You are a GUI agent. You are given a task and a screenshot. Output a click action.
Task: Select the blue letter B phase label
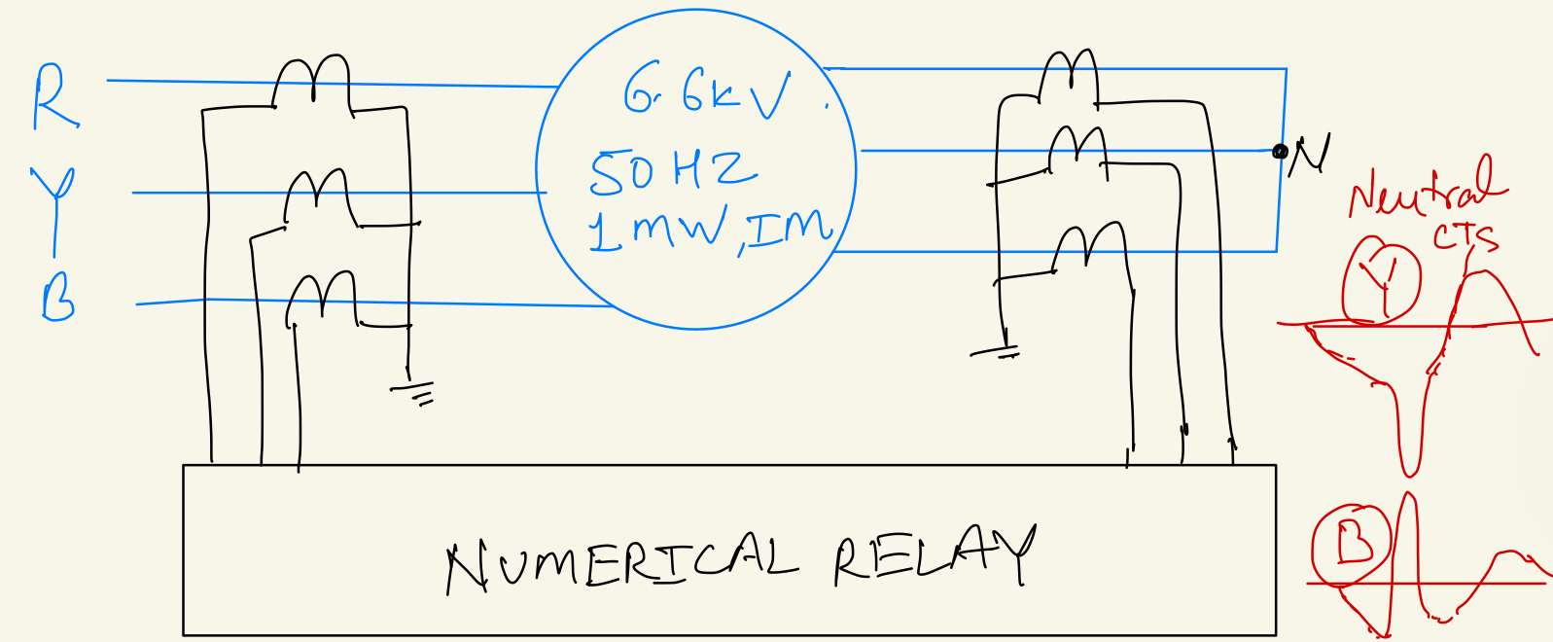click(58, 296)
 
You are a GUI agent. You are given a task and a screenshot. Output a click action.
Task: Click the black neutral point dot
click(1280, 151)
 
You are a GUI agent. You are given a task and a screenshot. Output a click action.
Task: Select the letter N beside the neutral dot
click(1309, 154)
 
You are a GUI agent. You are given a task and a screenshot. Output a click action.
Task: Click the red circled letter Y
click(1381, 280)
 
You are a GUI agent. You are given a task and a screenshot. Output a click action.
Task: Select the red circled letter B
click(1352, 544)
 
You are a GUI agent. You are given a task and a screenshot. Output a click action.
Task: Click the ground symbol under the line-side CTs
click(414, 392)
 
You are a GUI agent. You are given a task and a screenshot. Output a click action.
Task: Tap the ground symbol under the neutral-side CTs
click(996, 352)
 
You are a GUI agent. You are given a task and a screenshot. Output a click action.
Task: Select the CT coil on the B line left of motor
click(322, 298)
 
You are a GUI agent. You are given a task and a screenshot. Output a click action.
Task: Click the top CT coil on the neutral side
click(1069, 76)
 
